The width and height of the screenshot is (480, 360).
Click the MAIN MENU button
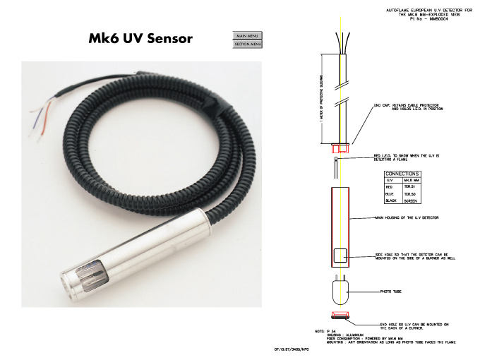(248, 35)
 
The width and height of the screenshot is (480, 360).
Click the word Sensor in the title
(165, 38)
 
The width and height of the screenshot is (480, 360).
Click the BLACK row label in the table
(390, 200)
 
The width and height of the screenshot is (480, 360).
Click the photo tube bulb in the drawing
(340, 289)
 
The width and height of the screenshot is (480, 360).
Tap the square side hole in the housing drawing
(340, 257)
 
